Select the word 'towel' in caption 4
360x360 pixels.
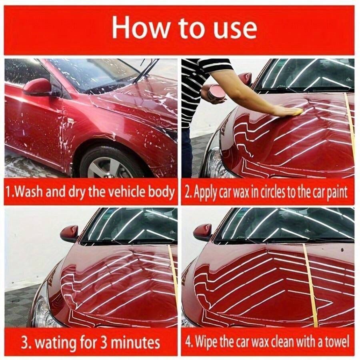336,342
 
